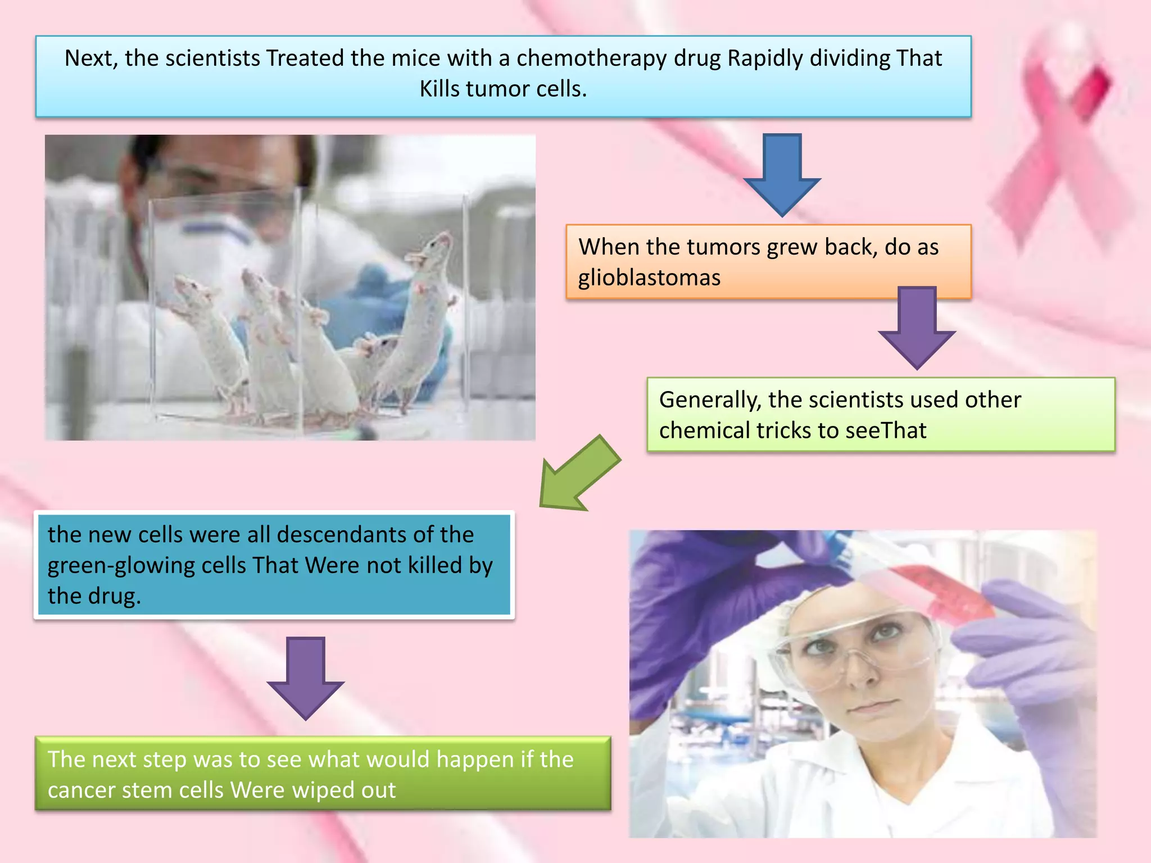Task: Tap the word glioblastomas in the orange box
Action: pos(649,278)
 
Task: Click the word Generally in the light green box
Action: pos(710,400)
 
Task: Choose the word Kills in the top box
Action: pos(439,89)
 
